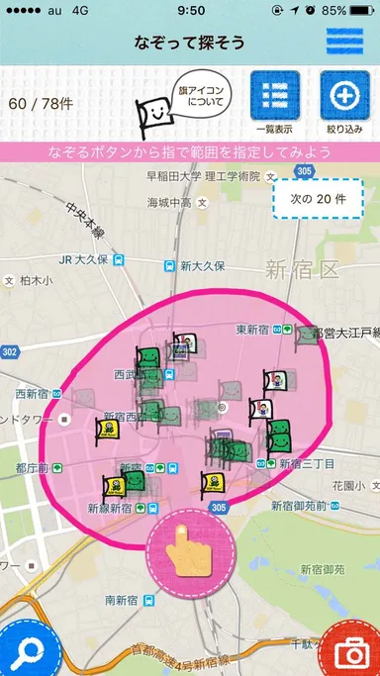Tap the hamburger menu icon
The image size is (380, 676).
(344, 44)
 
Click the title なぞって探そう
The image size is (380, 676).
(190, 44)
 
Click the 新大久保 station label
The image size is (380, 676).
(203, 266)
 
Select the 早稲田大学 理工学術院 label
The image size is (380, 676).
(203, 176)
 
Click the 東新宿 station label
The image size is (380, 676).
(256, 329)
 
